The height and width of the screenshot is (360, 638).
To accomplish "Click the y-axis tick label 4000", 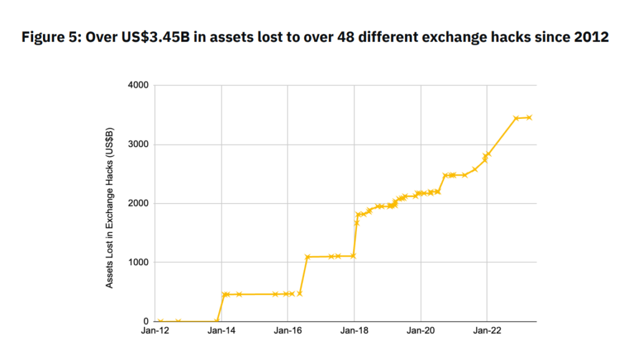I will point(139,85).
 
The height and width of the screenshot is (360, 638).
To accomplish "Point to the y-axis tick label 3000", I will point(139,144).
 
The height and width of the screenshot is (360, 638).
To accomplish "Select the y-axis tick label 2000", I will point(139,204).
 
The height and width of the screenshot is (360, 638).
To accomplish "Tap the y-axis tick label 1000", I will point(139,263).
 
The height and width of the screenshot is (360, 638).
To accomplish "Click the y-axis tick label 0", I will point(145,321).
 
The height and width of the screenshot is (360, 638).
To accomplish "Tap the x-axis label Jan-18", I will point(354,333).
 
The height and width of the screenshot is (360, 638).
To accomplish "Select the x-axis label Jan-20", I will point(421,333).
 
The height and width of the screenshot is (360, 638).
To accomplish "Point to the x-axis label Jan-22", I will point(487,333).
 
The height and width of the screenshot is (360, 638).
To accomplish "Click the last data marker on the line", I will point(529,117).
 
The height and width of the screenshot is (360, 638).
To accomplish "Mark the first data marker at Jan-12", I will point(161,321).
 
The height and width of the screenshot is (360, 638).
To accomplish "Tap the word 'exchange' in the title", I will point(460,37).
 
